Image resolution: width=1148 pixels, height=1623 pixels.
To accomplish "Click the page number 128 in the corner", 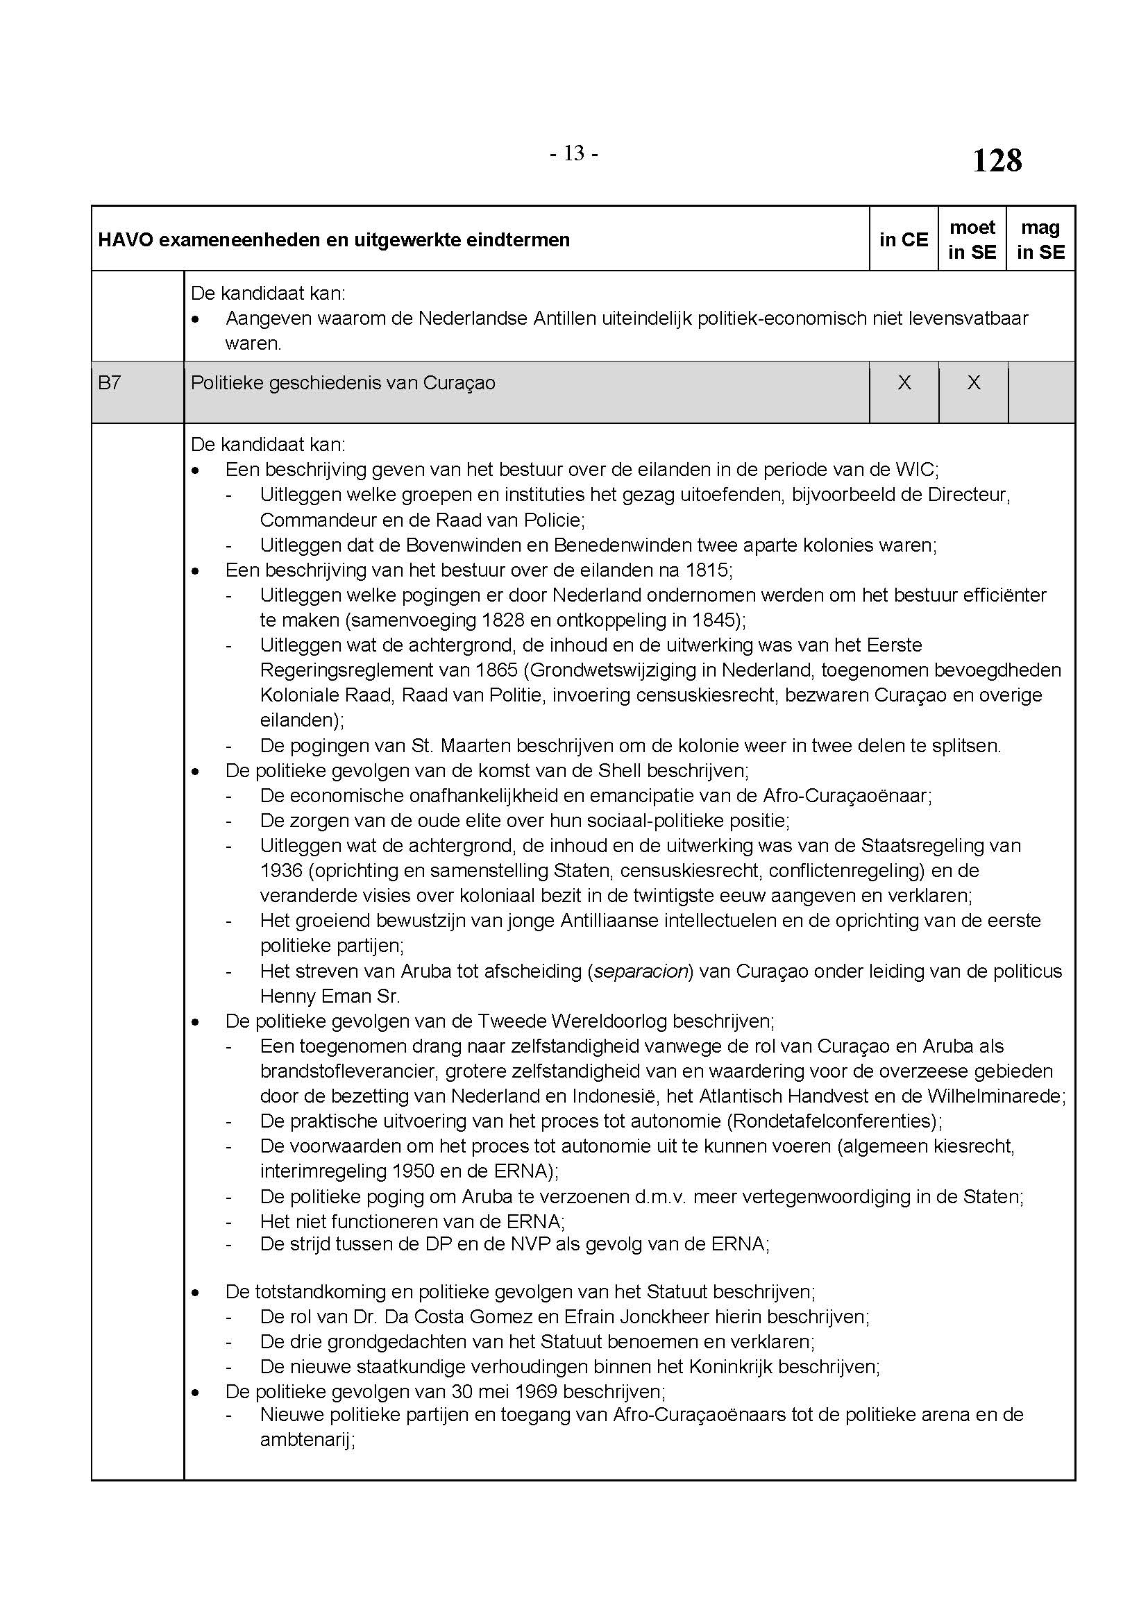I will pyautogui.click(x=997, y=160).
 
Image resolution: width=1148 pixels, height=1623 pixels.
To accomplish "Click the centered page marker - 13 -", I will pyautogui.click(x=574, y=153).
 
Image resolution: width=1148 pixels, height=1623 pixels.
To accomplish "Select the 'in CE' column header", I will pyautogui.click(x=904, y=239).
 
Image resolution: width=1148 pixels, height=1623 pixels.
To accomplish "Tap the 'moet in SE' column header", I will pyautogui.click(x=972, y=239).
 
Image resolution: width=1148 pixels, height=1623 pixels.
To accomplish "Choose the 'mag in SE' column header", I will pyautogui.click(x=1040, y=239).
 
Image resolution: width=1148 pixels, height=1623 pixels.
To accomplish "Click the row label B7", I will pyautogui.click(x=110, y=383).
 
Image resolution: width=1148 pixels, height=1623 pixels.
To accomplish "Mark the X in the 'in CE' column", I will pyautogui.click(x=904, y=383).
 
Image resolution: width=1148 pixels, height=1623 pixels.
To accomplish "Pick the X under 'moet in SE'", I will pyautogui.click(x=973, y=383).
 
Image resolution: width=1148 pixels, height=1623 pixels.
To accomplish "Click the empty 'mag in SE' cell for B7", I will pyautogui.click(x=1041, y=391).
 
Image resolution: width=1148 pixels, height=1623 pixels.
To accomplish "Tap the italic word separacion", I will pyautogui.click(x=641, y=971).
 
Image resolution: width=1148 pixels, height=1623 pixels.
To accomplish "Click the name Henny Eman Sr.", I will pyautogui.click(x=330, y=996).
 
